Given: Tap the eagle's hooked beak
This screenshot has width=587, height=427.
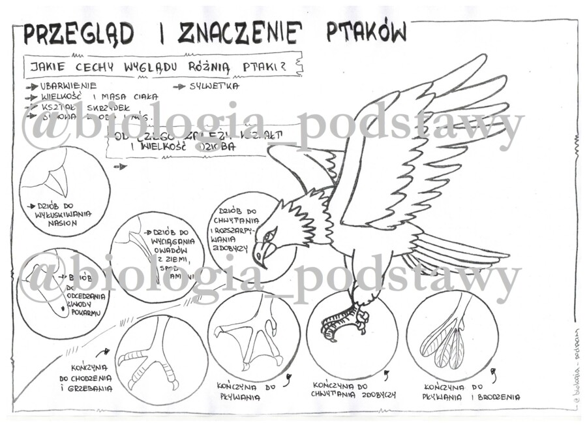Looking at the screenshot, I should click(259, 253).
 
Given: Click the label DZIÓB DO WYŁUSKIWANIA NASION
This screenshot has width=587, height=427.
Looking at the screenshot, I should click(63, 214).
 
